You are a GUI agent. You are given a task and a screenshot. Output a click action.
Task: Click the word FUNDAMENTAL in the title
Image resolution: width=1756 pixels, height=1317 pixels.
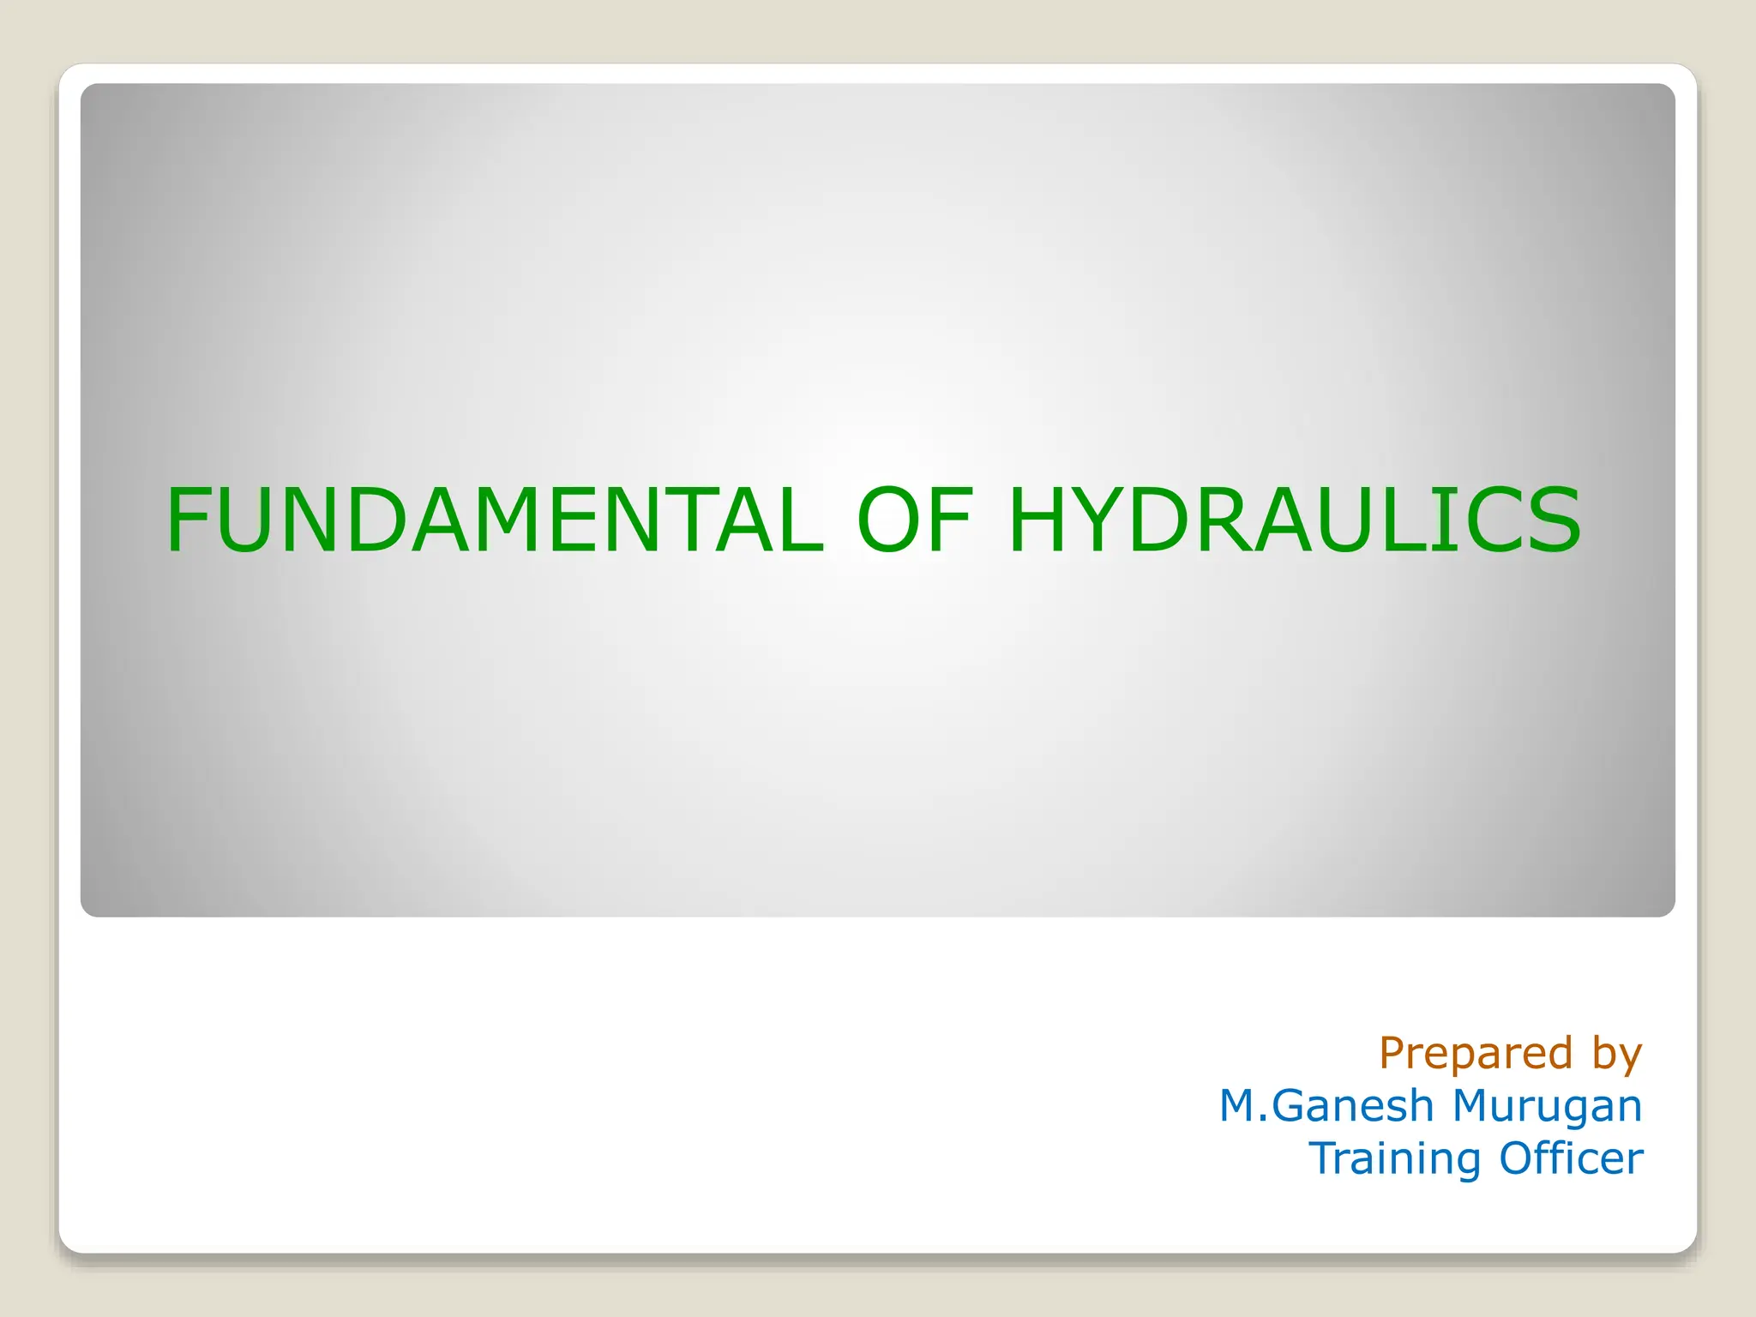[495, 520]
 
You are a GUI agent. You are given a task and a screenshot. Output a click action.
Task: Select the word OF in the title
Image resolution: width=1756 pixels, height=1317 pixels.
[916, 520]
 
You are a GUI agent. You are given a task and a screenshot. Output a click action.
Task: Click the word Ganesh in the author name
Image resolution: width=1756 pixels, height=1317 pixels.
[1353, 1106]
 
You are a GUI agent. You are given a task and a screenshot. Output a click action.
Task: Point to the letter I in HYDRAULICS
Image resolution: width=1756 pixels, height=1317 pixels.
[1440, 520]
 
